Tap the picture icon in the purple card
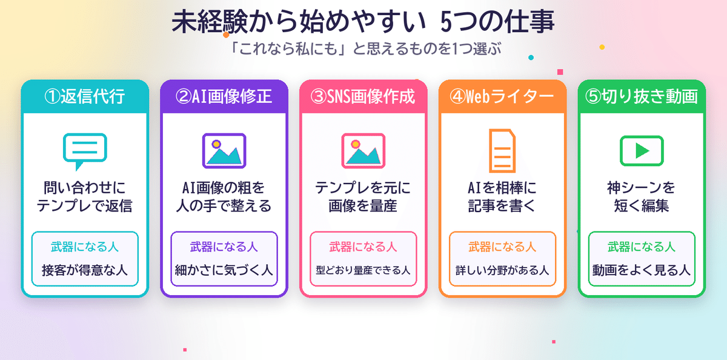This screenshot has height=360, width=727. (224, 151)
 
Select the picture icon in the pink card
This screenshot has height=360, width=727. (363, 151)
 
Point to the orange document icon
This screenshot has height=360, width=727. (502, 151)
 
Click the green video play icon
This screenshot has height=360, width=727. (642, 151)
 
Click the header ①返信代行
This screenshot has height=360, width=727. (85, 96)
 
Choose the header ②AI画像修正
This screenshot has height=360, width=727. (224, 96)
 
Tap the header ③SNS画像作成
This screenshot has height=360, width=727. (363, 96)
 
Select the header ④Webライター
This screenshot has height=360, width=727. (502, 96)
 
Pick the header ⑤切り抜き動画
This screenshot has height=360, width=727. (642, 96)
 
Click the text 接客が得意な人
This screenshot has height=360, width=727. (85, 270)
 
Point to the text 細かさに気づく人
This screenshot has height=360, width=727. (224, 270)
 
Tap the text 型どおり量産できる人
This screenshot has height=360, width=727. (363, 270)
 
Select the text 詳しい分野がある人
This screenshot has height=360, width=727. (502, 270)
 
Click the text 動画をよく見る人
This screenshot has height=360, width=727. (642, 270)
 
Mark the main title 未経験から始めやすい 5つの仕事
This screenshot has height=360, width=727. (363, 22)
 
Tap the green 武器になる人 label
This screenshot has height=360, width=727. (642, 247)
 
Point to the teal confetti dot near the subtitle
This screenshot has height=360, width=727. (531, 58)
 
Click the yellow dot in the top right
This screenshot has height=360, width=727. (602, 47)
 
